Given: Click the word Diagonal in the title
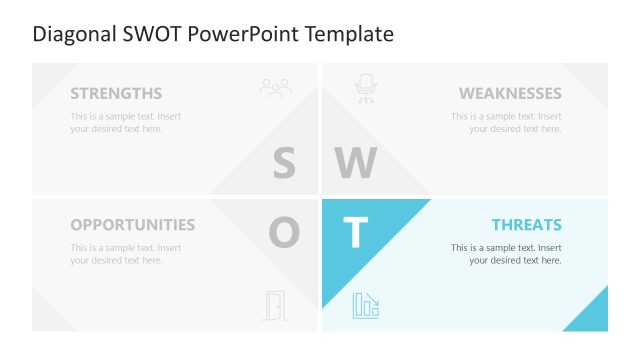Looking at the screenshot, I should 72,34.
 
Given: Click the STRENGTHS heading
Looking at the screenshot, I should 116,94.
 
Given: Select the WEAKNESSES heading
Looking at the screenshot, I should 510,94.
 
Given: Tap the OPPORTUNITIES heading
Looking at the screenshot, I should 133,225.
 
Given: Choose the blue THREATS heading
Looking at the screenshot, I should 526,225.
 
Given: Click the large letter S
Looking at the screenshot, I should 284,163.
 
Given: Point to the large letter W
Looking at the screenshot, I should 355,163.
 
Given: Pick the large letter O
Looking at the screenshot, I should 284,233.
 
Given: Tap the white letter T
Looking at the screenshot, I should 355,233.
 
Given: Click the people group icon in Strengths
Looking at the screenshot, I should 275,88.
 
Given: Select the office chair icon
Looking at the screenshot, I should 365,88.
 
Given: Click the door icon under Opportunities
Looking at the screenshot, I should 273,305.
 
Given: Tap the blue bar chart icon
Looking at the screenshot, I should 365,305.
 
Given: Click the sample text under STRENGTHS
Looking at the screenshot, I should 126,122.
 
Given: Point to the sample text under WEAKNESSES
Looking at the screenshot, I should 506,122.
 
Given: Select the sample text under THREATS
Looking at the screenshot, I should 506,254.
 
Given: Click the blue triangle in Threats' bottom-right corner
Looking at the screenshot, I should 592,315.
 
